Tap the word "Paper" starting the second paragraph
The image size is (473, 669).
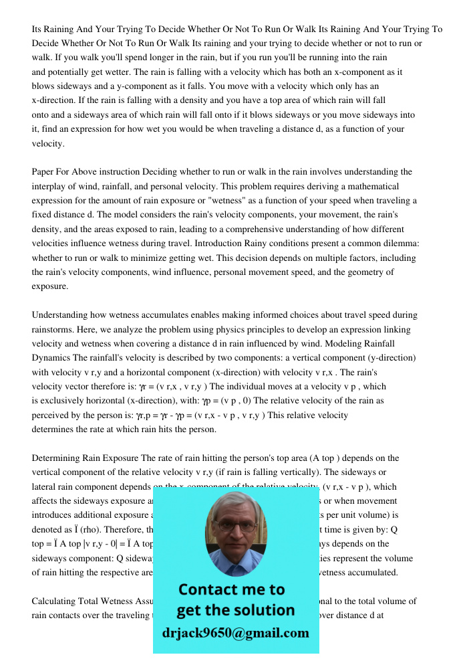pyautogui.click(x=45, y=172)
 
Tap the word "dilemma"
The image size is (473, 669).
pyautogui.click(x=397, y=244)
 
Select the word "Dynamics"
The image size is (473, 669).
pyautogui.click(x=54, y=358)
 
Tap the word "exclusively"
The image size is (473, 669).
pyautogui.click(x=64, y=401)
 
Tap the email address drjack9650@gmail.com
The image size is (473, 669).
pyautogui.click(x=236, y=633)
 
